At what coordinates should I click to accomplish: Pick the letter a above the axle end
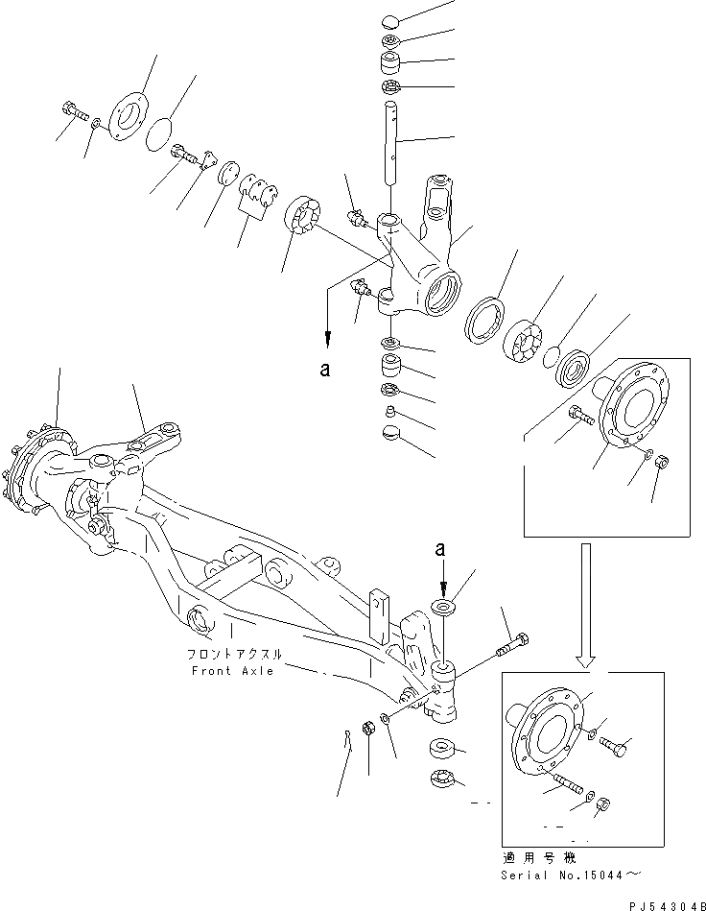[x=440, y=551]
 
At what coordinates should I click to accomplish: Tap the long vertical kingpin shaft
[x=391, y=144]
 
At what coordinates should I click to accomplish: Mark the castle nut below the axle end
[x=444, y=779]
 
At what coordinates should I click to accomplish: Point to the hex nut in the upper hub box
[x=662, y=464]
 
